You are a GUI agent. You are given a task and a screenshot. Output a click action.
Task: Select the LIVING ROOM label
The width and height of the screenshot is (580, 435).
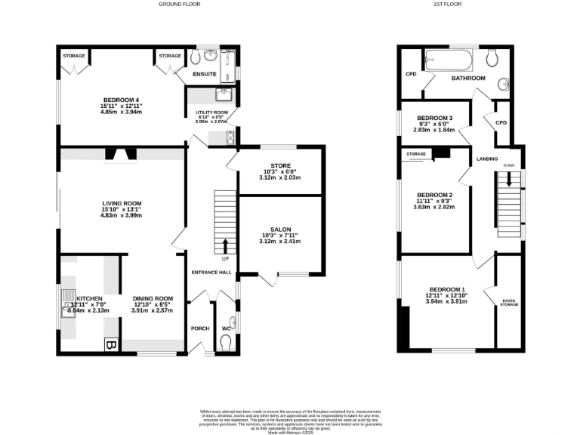click(x=122, y=203)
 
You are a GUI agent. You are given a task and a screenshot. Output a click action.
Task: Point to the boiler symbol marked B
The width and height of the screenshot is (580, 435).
click(x=110, y=345)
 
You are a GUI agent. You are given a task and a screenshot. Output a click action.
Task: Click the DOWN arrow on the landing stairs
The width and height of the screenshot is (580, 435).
click(x=509, y=178)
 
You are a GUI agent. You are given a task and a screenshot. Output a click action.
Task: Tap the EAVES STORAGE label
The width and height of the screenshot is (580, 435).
click(x=510, y=302)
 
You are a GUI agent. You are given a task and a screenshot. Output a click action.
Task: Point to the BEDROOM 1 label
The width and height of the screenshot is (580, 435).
click(x=447, y=290)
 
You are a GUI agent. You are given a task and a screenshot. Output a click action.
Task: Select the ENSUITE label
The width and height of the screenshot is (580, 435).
click(x=204, y=74)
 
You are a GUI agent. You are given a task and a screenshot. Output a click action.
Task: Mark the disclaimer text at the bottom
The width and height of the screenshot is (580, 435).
click(x=289, y=416)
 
